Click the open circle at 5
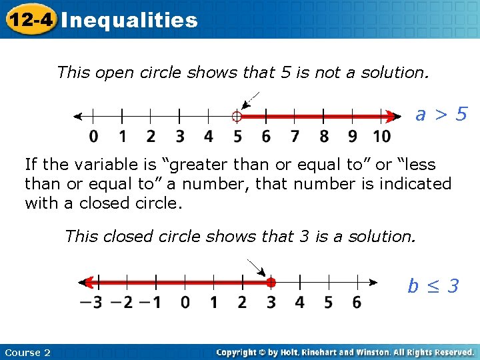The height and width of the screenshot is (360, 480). (236, 117)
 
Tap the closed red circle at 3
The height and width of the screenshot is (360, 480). (271, 283)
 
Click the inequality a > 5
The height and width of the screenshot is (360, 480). (441, 115)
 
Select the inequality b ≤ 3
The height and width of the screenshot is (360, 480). (433, 286)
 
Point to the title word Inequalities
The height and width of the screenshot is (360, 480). (129, 20)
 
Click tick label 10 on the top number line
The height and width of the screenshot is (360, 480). (381, 137)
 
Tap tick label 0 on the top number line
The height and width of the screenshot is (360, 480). (94, 137)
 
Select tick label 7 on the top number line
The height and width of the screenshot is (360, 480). (295, 137)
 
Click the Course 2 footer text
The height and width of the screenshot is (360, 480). (27, 353)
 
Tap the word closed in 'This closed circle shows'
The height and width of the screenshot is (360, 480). (121, 236)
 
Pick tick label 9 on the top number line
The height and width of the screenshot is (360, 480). (353, 137)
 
